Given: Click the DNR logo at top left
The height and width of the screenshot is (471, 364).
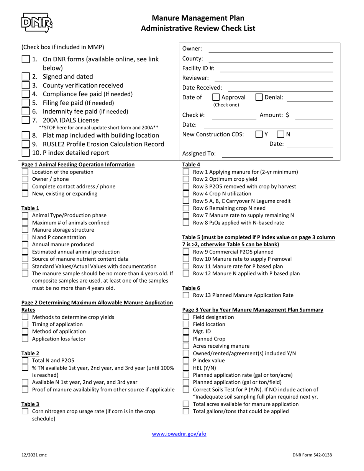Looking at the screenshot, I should pos(37,23).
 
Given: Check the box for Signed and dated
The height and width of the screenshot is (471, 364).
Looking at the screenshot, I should pos(25,77).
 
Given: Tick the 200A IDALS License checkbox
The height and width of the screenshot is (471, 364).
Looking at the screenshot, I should pos(25,120).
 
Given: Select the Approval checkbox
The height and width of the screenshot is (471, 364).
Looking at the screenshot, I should pos(216,97).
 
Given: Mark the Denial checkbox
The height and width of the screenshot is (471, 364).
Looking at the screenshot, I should pos(259,97).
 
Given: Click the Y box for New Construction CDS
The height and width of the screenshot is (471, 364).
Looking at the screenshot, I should pos(259,134).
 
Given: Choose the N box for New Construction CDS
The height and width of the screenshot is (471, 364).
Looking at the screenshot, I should pos(281,134).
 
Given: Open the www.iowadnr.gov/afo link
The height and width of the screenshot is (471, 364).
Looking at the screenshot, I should pos(179,434).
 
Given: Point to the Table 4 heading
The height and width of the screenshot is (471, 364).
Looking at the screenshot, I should pos(191,165).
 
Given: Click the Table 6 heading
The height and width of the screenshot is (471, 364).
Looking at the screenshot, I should pos(191,288).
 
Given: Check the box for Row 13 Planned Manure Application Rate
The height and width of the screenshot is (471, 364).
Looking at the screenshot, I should pos(186,295).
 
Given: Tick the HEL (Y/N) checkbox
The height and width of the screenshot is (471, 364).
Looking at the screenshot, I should pos(186,368).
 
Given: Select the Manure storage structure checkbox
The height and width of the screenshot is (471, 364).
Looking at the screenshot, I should pos(25,230).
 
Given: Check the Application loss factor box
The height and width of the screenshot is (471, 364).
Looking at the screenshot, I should pos(25,339).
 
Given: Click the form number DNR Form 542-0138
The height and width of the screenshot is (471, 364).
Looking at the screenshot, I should pos(312,455).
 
